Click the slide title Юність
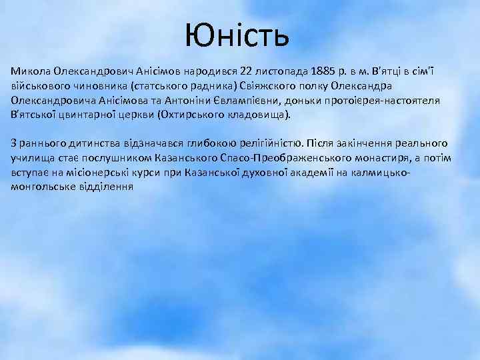(237, 35)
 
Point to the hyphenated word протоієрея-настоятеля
(378, 101)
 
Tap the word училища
(31, 159)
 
